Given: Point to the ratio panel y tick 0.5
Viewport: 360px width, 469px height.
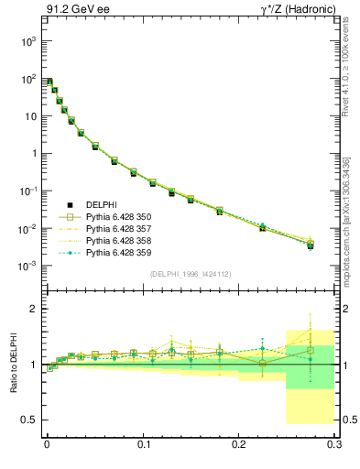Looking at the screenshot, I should tap(31, 420).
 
